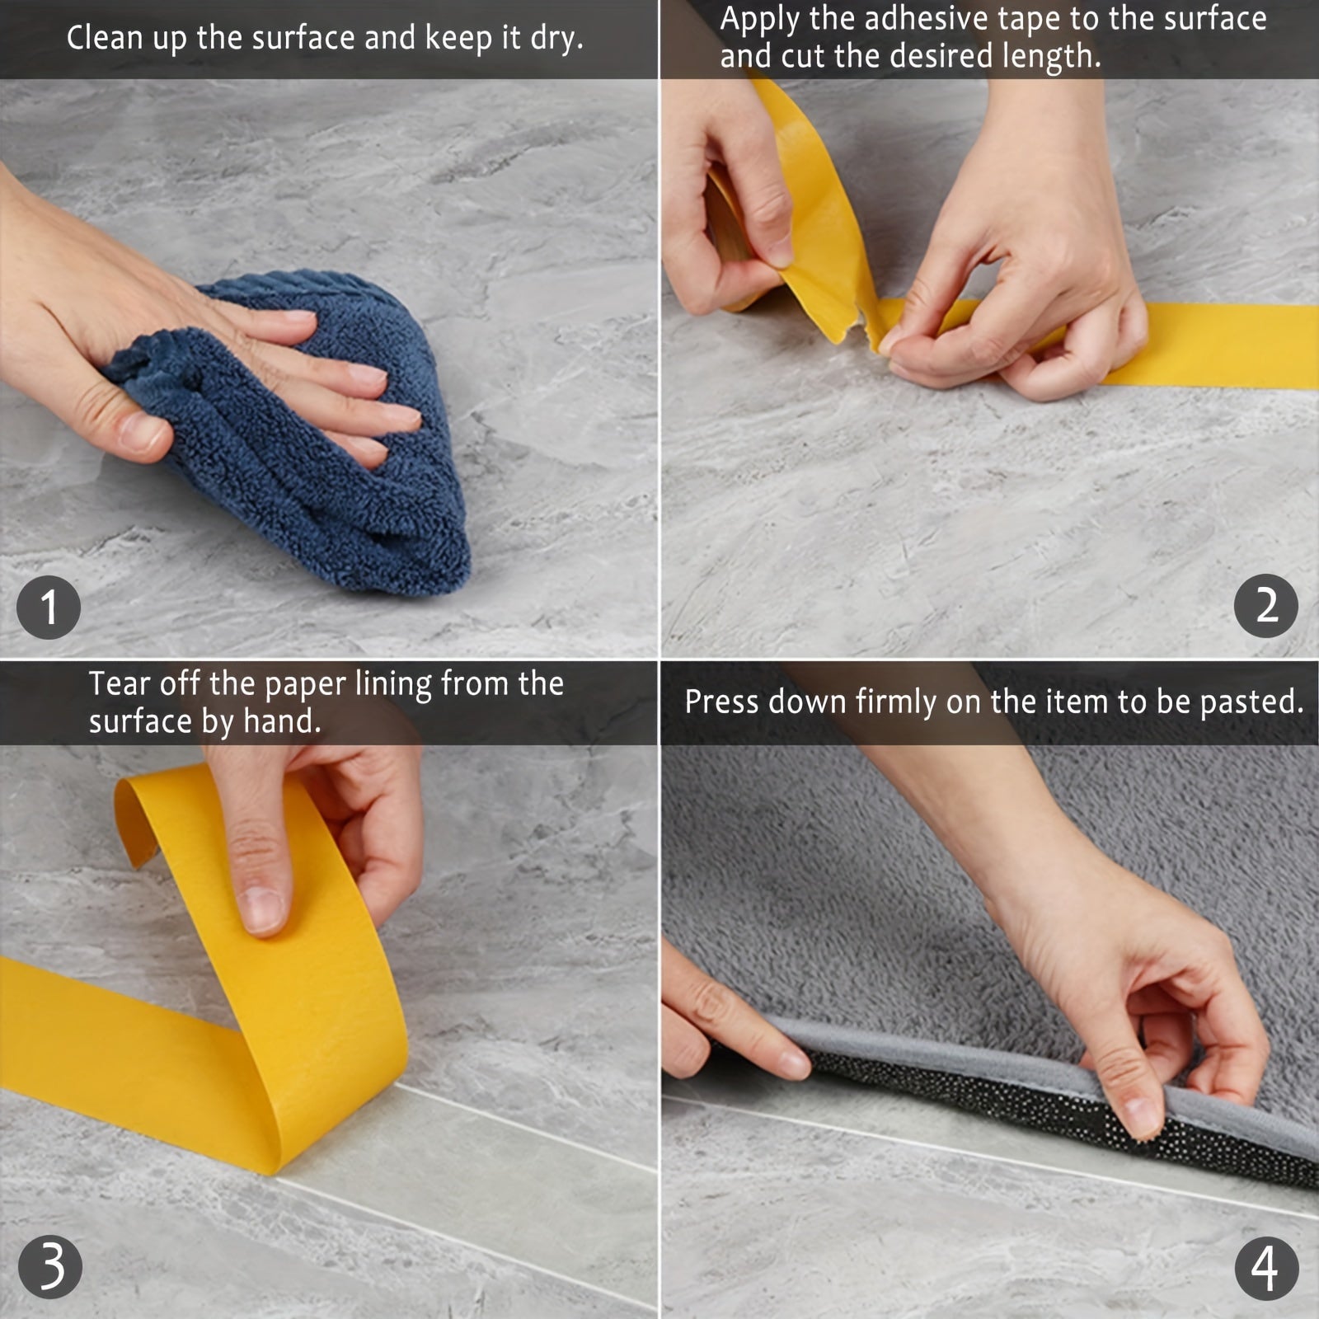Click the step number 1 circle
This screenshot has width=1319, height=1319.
point(49,608)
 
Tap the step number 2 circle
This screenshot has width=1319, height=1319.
point(1265,606)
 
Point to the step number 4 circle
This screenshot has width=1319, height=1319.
point(1265,1268)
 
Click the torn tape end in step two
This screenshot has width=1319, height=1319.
point(866,326)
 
